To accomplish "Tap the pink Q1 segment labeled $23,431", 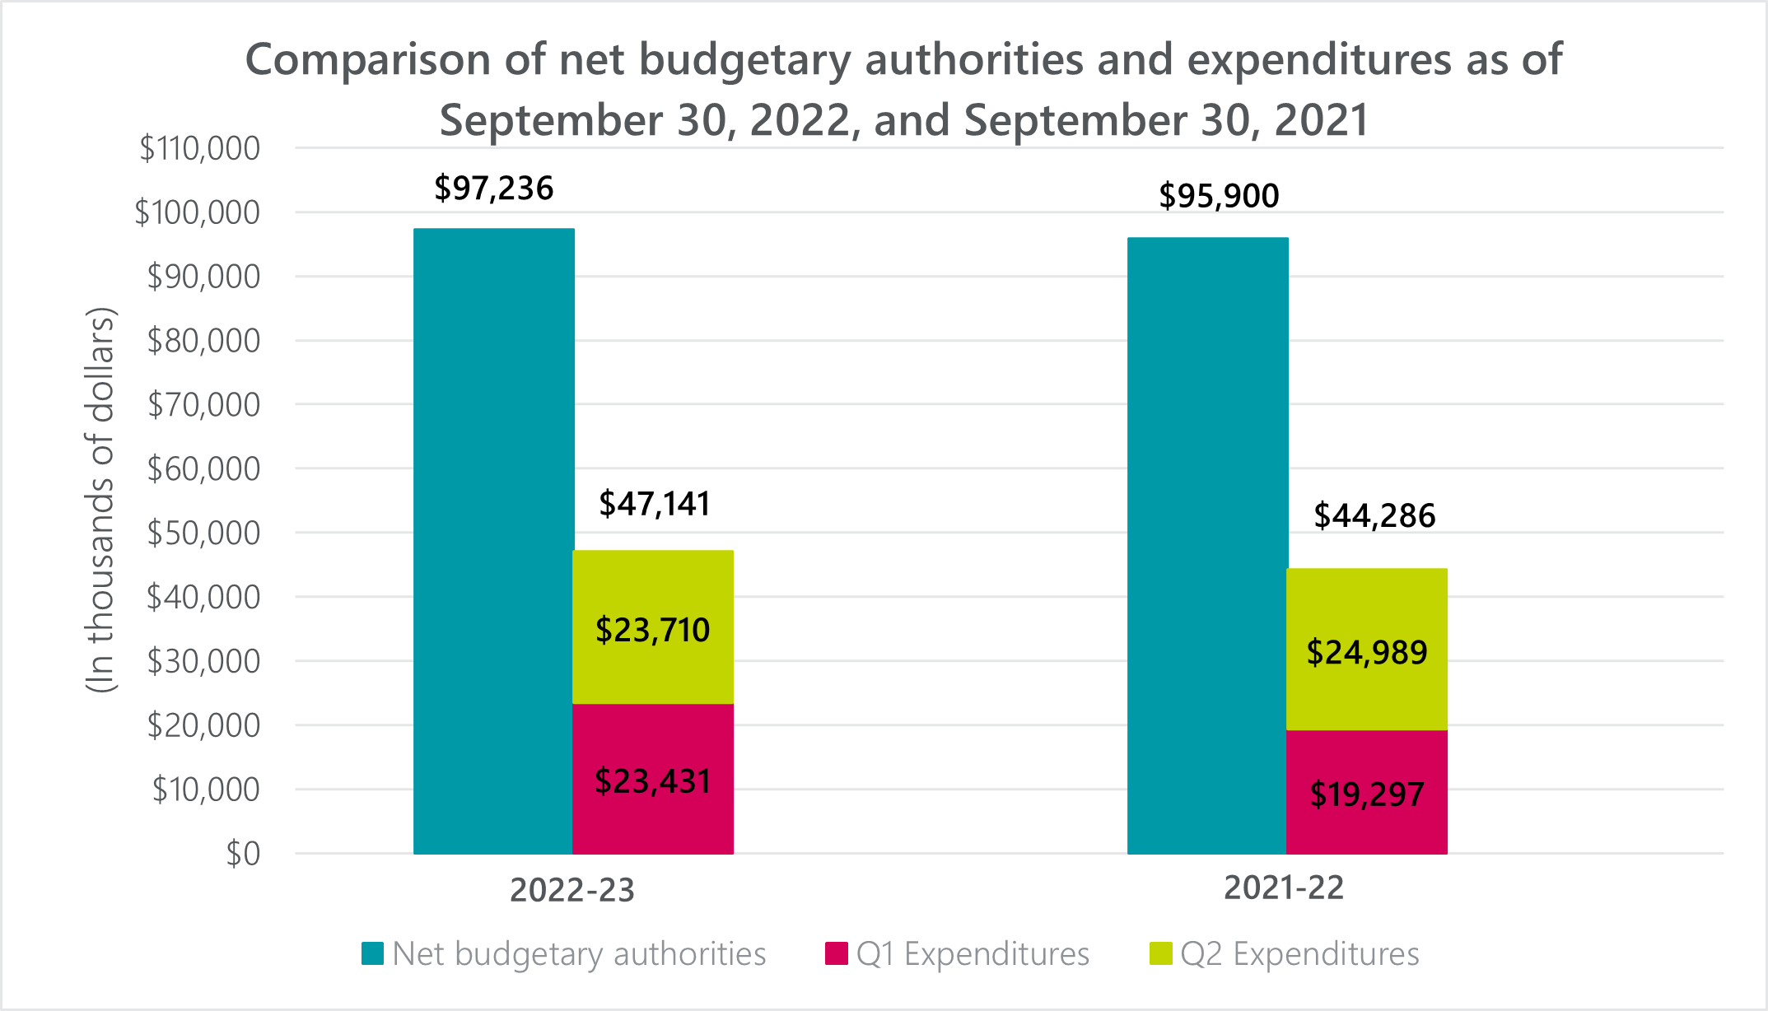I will (653, 779).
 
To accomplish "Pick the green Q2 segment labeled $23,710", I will (653, 628).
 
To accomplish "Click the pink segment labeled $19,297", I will (1367, 792).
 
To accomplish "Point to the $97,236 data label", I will (494, 189).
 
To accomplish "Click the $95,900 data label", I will (1219, 196).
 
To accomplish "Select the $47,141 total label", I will (655, 504).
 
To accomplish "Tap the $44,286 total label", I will (1374, 516).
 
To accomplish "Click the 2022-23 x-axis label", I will (572, 890).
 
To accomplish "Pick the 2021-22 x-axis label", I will (1284, 888).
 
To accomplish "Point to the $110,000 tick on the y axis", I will (200, 149).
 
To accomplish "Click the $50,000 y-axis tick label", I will (203, 533).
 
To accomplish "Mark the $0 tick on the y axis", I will (244, 855).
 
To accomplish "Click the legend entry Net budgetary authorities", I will (564, 954).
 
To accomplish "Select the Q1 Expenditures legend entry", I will (958, 954).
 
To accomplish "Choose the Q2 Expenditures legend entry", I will (1285, 954).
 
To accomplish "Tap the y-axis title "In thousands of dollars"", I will (100, 500).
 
